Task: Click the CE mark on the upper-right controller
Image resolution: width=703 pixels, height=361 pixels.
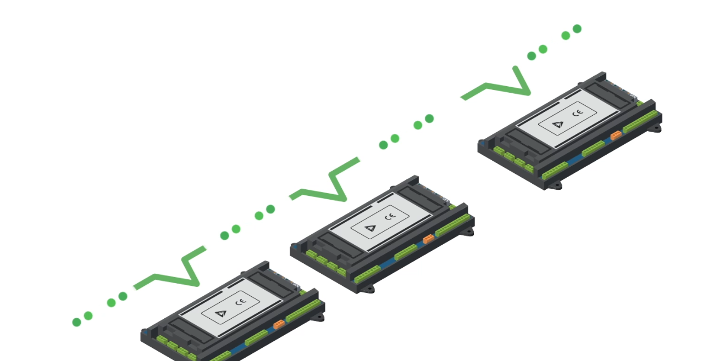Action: [577, 114]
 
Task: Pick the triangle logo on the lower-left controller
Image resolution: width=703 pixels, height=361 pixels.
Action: [220, 313]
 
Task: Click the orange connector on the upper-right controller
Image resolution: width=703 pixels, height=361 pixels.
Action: [616, 134]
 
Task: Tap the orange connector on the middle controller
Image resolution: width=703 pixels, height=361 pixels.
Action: [428, 239]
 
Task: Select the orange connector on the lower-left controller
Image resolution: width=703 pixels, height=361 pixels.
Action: [279, 324]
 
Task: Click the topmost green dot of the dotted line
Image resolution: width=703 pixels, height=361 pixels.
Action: [577, 29]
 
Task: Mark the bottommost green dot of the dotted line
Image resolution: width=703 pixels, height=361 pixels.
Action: [76, 322]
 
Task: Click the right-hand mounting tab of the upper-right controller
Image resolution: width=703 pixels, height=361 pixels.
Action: [656, 129]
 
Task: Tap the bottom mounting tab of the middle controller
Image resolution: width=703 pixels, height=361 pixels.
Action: [368, 289]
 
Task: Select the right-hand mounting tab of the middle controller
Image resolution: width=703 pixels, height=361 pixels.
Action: [468, 232]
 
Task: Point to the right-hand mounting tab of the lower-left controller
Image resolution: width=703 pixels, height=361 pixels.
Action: [318, 318]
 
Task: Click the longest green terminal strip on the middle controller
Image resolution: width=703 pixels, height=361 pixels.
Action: [453, 225]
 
